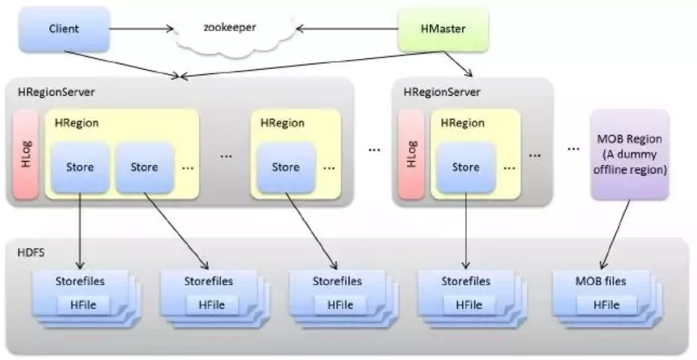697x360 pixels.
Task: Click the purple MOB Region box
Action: (630, 154)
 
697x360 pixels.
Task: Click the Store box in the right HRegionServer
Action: (465, 167)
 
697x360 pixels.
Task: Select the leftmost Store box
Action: (80, 167)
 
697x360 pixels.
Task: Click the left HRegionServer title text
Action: (46, 94)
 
